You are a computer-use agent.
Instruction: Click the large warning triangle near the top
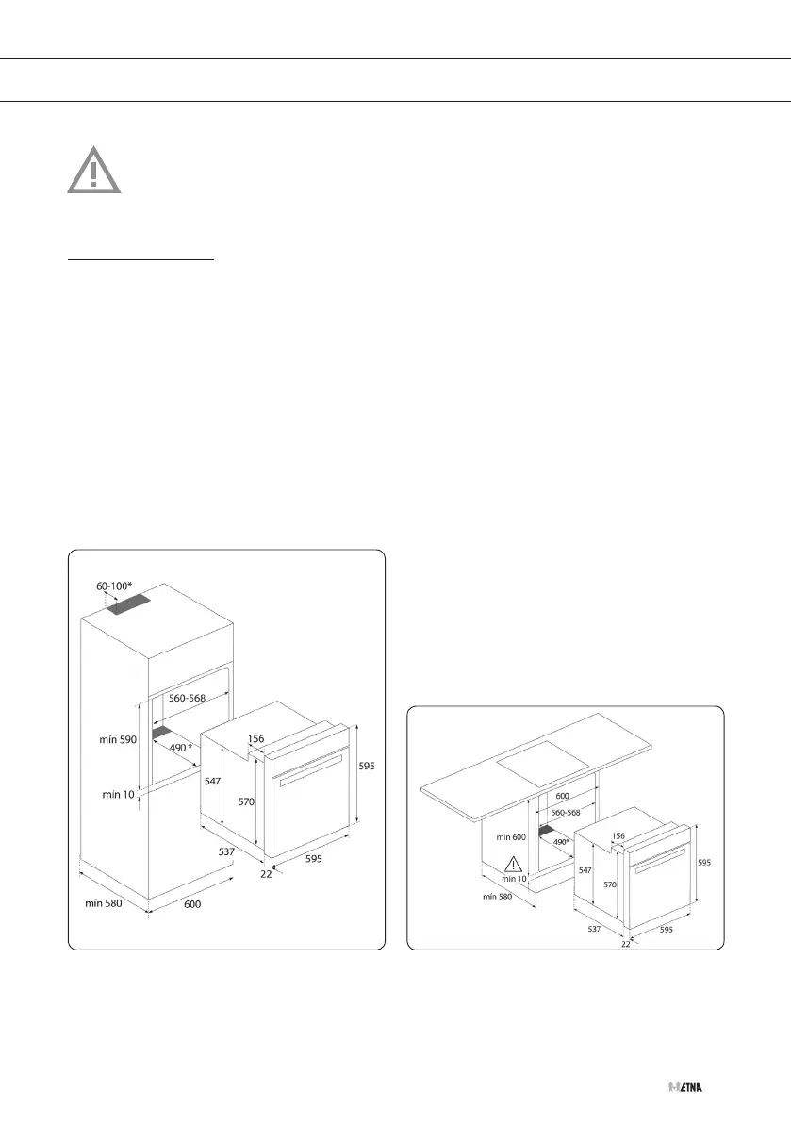coord(93,171)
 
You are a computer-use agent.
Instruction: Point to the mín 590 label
coord(119,740)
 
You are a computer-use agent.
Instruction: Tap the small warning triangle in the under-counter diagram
coord(513,863)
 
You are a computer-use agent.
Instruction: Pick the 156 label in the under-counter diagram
coord(618,835)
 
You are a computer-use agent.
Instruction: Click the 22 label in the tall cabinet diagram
coord(266,874)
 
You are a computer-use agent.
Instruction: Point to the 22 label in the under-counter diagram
coord(625,942)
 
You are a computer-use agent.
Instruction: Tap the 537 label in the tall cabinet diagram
coord(227,851)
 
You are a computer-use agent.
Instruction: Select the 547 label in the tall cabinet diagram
coord(215,782)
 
